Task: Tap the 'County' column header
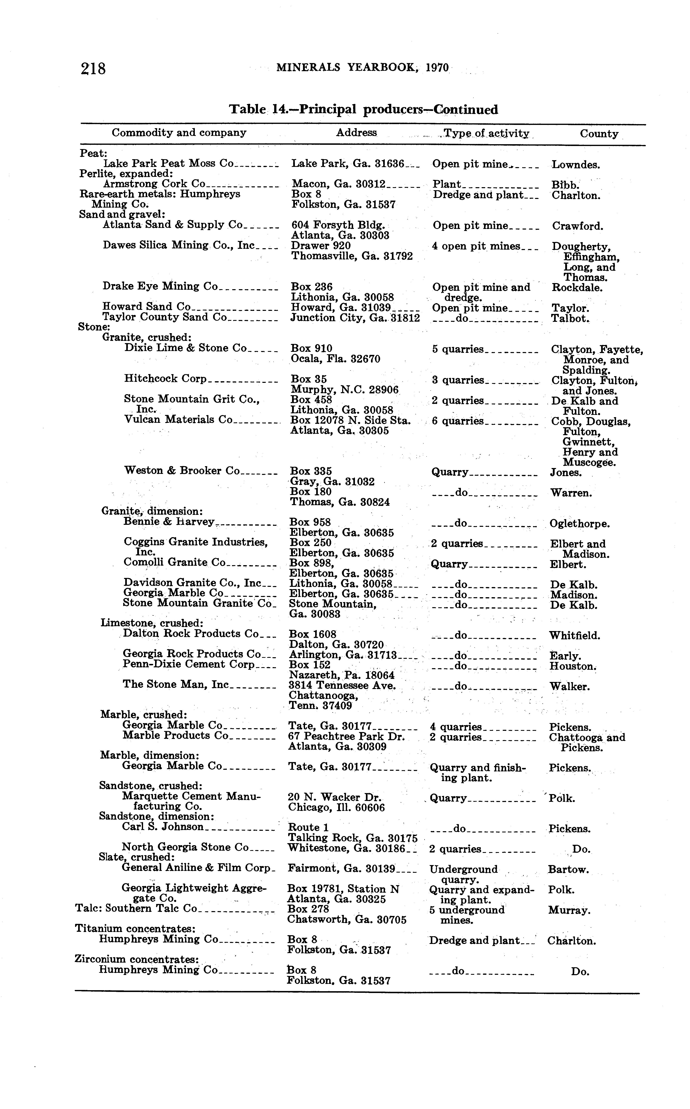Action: [599, 134]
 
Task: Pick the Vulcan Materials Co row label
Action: [178, 420]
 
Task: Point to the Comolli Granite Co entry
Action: [174, 562]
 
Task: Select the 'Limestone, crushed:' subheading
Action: [152, 623]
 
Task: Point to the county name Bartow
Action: [568, 870]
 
